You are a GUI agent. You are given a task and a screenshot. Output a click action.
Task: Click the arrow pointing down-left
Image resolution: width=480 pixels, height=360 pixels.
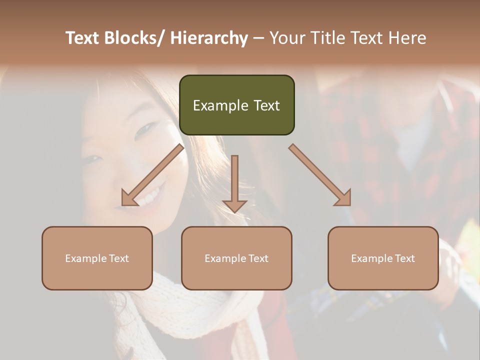click(152, 175)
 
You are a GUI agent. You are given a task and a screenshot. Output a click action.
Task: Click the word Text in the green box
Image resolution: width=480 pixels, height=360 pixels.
click(266, 105)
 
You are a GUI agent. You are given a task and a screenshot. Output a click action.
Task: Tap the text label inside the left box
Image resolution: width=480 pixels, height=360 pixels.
click(97, 258)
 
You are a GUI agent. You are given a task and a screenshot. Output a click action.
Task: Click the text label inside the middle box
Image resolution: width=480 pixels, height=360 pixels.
click(236, 258)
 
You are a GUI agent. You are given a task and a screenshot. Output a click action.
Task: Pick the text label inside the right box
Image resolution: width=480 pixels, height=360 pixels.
click(383, 258)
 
